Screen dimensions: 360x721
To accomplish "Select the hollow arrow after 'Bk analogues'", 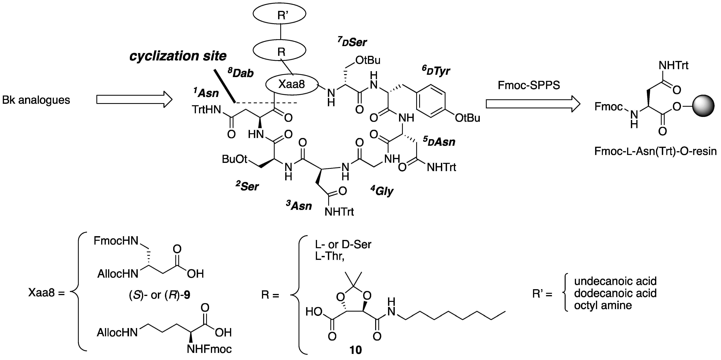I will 134,99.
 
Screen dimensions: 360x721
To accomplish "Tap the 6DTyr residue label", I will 436,71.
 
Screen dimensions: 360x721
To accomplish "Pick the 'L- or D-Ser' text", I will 343,245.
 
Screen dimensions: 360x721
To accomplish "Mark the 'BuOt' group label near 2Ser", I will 235,159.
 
